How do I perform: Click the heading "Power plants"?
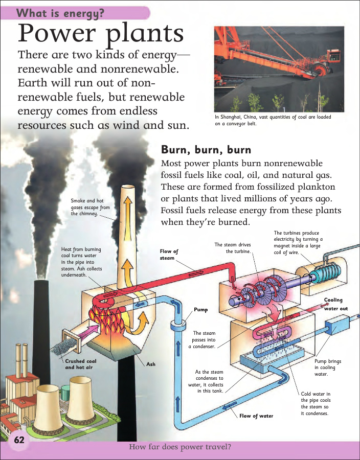(x=101, y=34)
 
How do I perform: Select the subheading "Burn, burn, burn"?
(x=206, y=150)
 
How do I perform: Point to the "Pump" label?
(x=201, y=310)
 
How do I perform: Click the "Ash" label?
(x=151, y=364)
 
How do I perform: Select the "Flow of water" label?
(x=256, y=416)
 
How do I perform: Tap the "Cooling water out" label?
(x=335, y=304)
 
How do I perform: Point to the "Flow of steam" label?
(x=169, y=255)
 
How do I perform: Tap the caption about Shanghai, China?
(x=273, y=120)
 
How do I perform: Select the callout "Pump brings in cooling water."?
(x=328, y=367)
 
